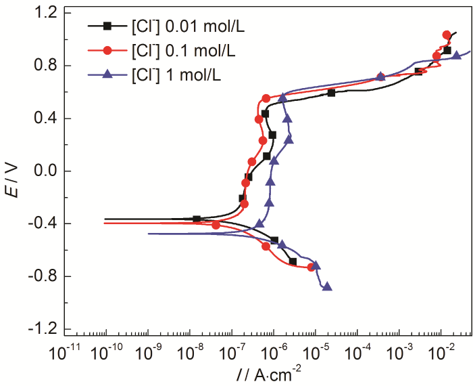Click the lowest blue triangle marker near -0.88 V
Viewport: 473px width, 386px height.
click(327, 286)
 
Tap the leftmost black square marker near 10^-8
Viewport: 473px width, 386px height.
click(197, 219)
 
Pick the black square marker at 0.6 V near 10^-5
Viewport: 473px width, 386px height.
click(331, 93)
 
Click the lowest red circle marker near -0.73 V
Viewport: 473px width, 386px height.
click(312, 267)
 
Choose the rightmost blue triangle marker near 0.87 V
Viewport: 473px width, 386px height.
click(457, 56)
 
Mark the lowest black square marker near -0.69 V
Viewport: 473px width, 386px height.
click(293, 261)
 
